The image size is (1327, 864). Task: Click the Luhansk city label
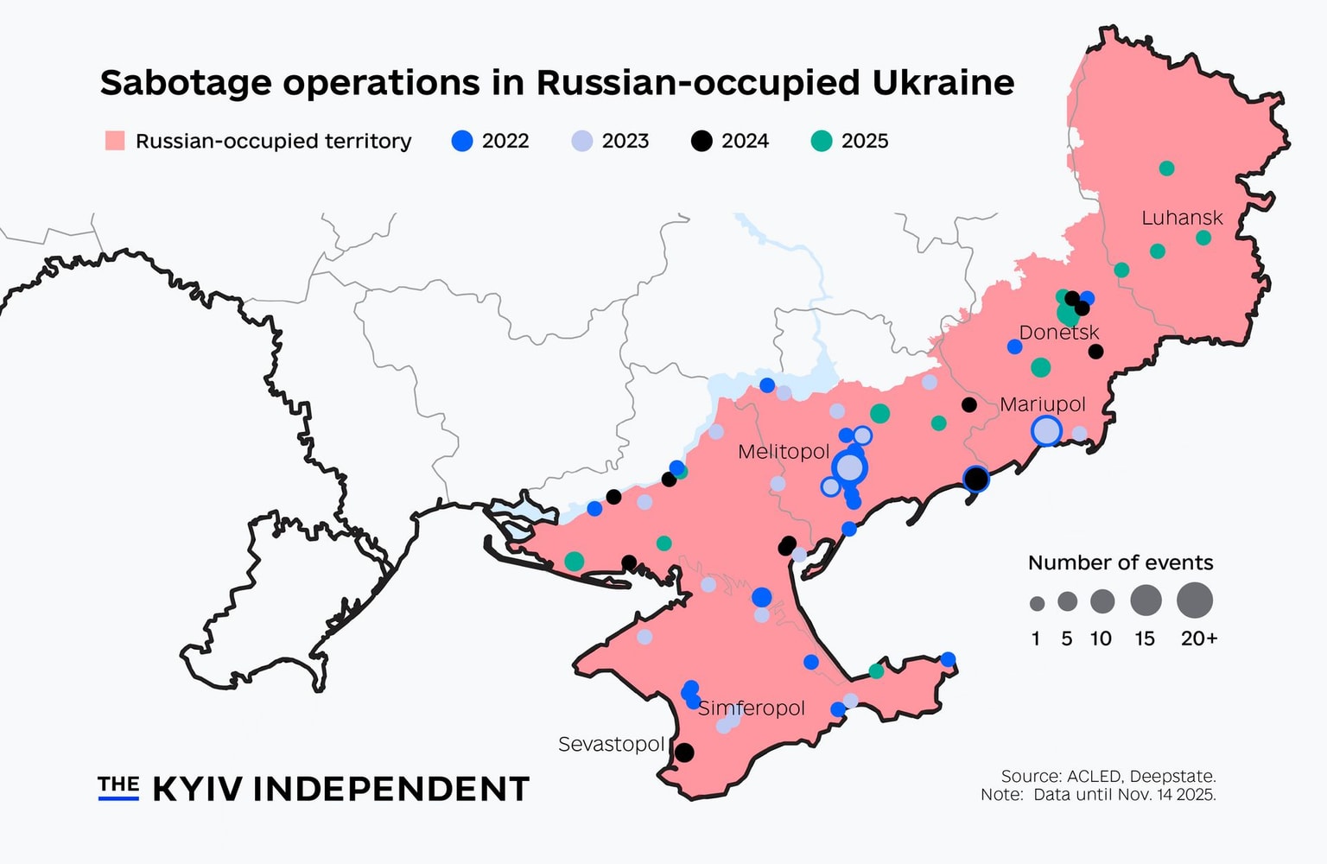tap(1182, 218)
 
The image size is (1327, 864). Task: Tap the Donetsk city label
tap(1058, 333)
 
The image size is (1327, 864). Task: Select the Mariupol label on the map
tap(1042, 404)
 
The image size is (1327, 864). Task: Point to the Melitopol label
tap(783, 452)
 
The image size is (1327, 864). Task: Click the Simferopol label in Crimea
tap(751, 708)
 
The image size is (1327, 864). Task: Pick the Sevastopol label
tap(611, 744)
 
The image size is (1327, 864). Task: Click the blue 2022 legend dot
tap(463, 141)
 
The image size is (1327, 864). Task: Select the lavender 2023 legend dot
tap(582, 141)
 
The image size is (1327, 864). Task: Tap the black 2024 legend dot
tap(702, 141)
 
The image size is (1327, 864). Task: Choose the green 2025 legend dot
tap(822, 141)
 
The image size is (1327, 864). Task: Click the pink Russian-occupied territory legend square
tap(115, 141)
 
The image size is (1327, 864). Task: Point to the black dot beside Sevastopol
tap(683, 753)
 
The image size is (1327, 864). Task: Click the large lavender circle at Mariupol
tap(1046, 430)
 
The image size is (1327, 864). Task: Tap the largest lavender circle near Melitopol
tap(850, 467)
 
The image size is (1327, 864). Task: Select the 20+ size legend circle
tap(1195, 600)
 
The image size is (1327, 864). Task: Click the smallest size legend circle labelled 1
tap(1037, 604)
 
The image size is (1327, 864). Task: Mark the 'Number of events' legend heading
tap(1121, 563)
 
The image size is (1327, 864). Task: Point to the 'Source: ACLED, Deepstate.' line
tap(1108, 776)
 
